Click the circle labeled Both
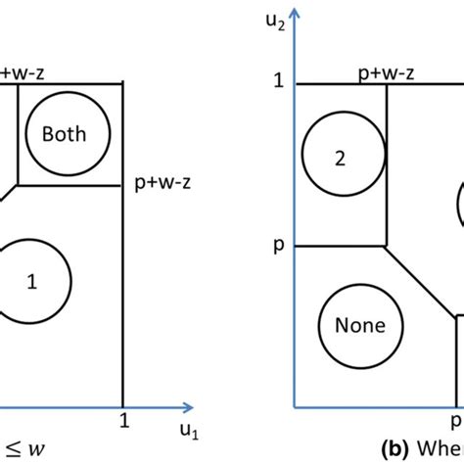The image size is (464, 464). click(x=63, y=134)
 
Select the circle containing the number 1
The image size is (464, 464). click(x=33, y=282)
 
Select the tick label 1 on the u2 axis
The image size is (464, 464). click(x=279, y=82)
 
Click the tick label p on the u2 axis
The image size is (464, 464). click(x=278, y=245)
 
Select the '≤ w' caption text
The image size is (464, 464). click(x=21, y=449)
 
